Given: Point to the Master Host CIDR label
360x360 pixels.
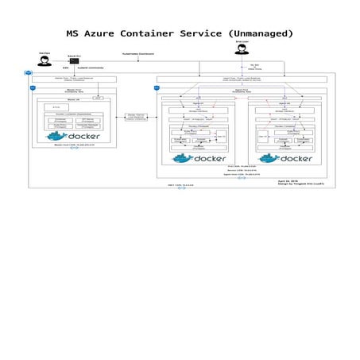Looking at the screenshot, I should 72,145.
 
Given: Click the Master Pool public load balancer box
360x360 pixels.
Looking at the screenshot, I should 73,79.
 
